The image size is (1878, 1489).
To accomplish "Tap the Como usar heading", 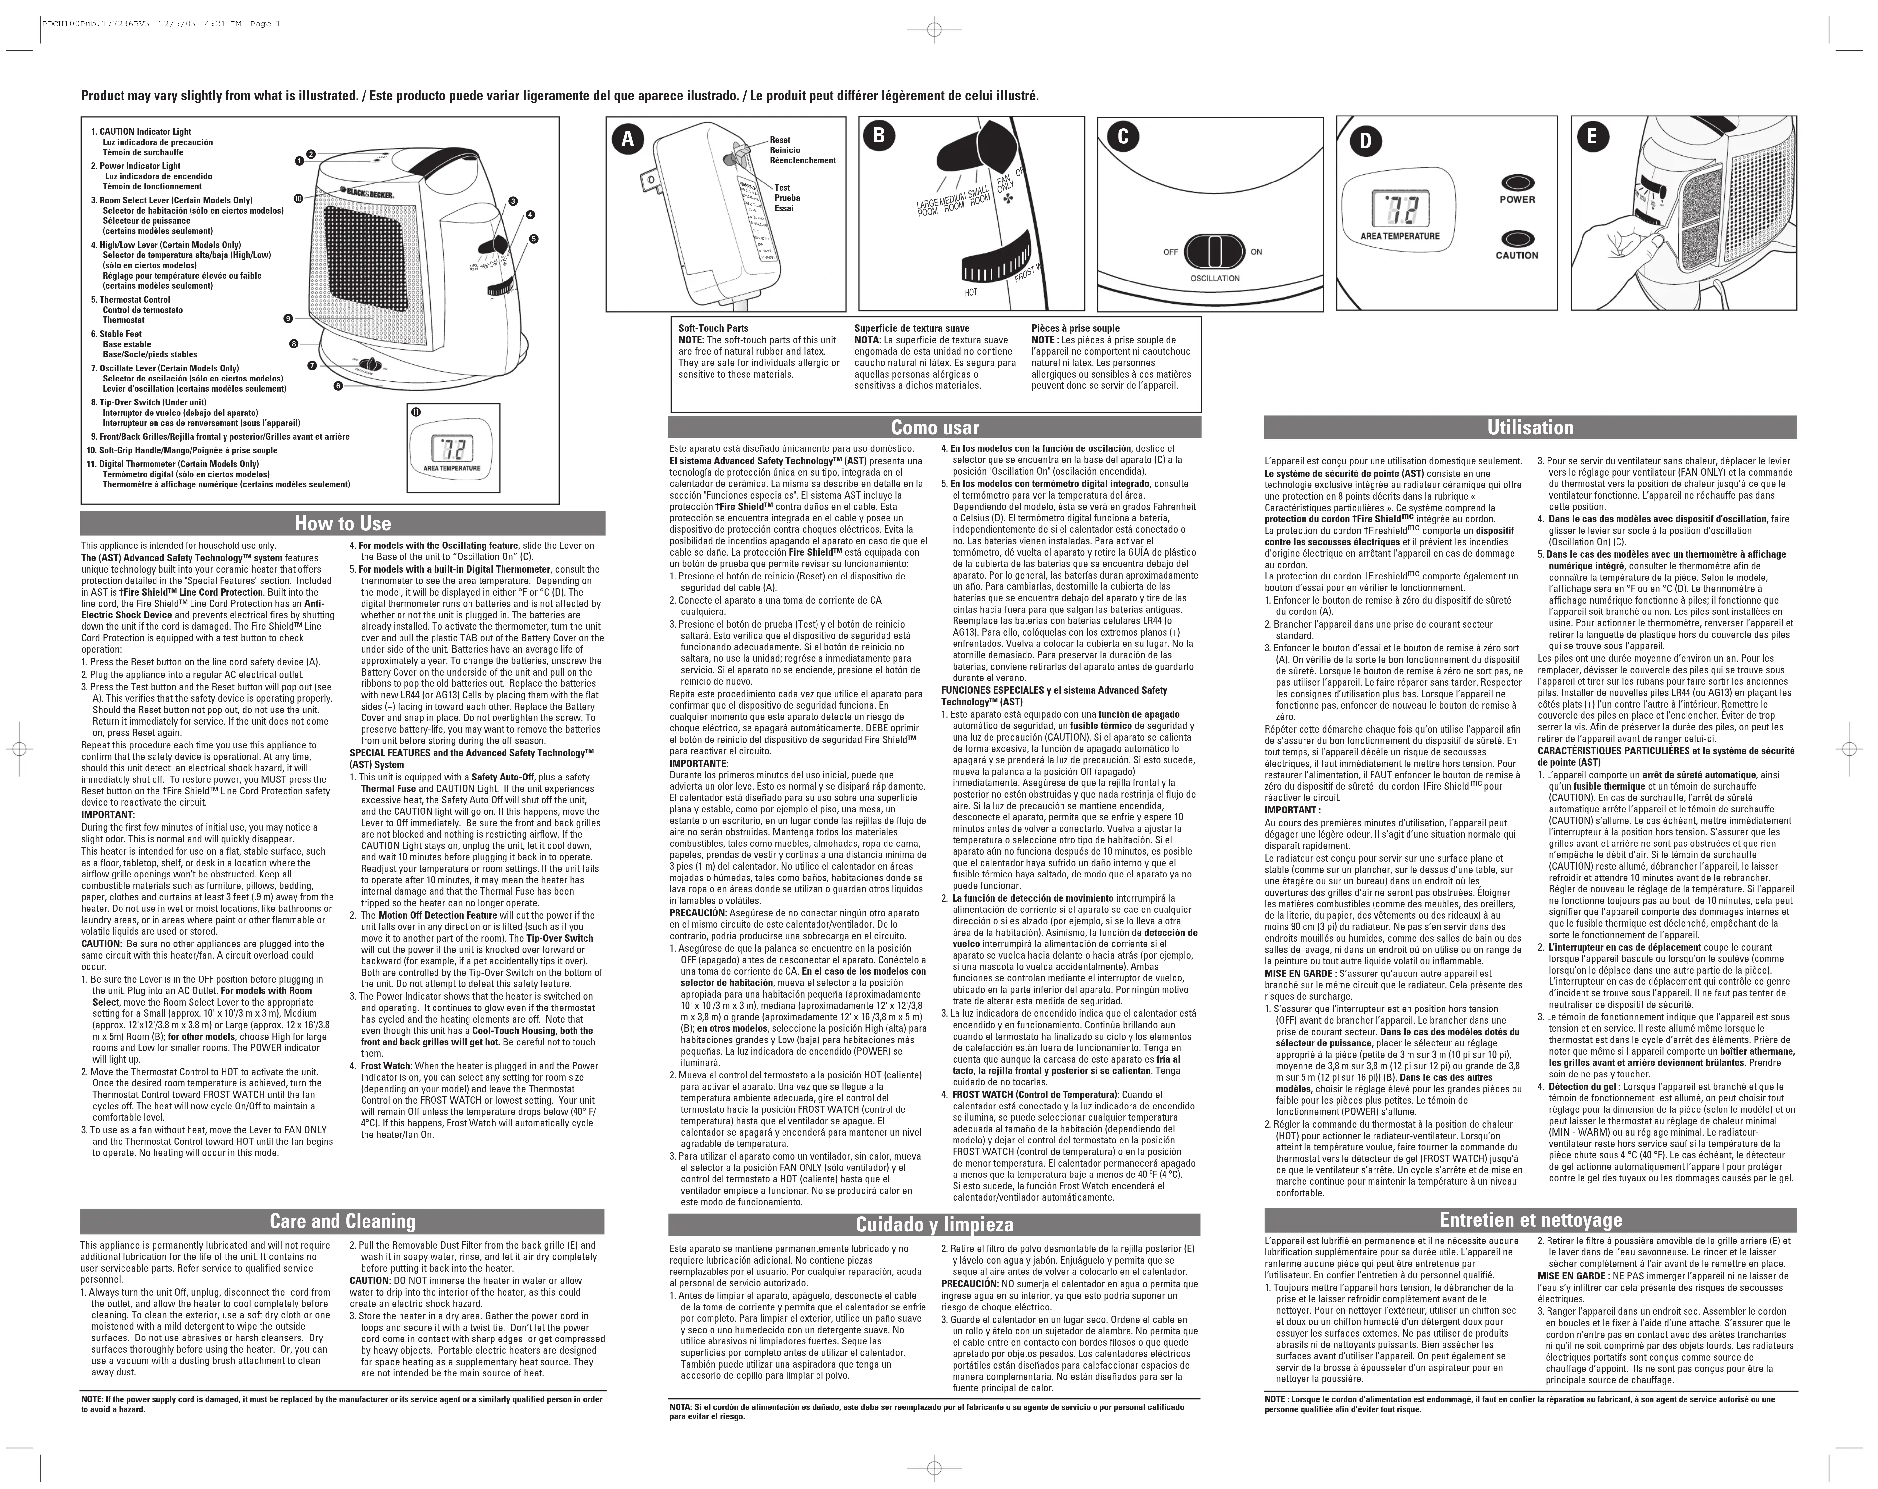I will coord(935,428).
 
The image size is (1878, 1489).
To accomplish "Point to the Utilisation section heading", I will coord(1530,428).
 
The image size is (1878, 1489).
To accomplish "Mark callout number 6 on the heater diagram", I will coord(337,386).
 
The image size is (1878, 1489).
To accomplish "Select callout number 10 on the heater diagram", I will coord(298,199).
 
